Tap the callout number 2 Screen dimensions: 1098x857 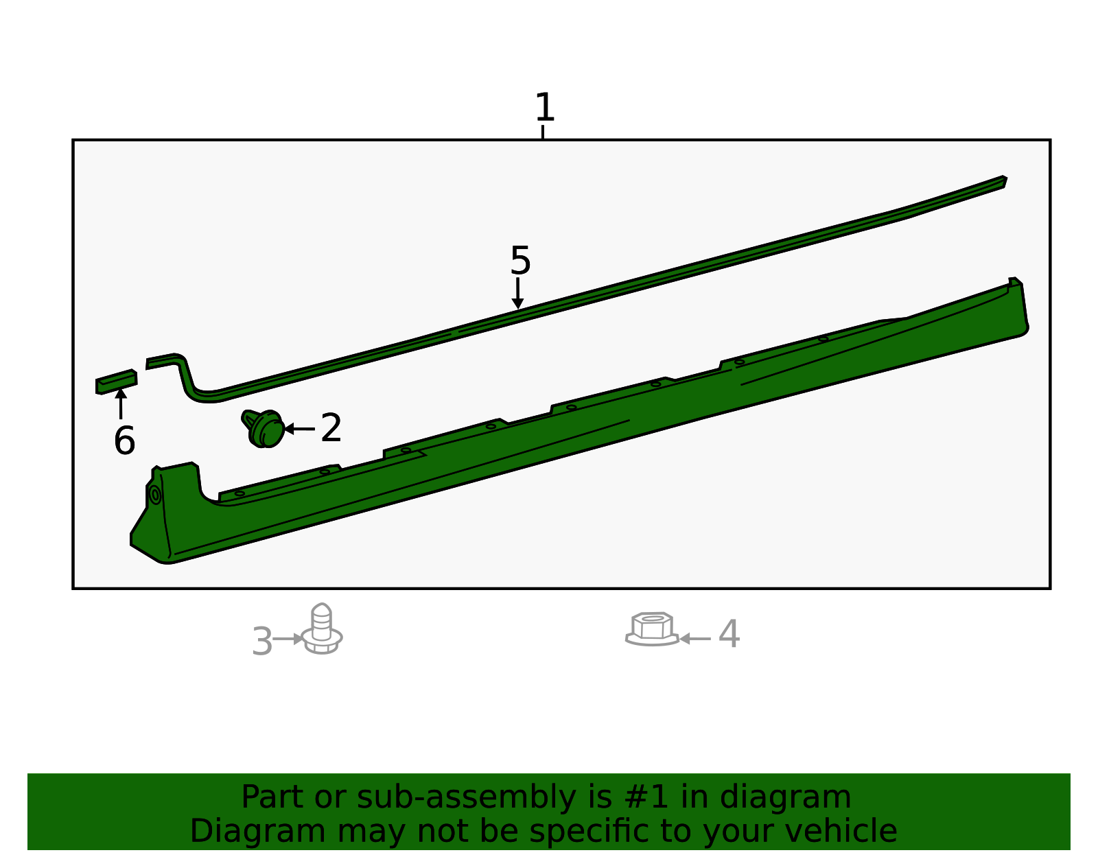[x=331, y=427]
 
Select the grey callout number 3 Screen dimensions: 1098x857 [x=262, y=641]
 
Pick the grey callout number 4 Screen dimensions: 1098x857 [x=729, y=633]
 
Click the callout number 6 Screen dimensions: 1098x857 [x=124, y=441]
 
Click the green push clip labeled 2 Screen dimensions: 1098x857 [x=264, y=428]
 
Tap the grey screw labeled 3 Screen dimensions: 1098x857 [x=322, y=629]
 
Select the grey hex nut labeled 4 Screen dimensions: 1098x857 [x=652, y=629]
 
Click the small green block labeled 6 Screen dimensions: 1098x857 [x=116, y=382]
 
